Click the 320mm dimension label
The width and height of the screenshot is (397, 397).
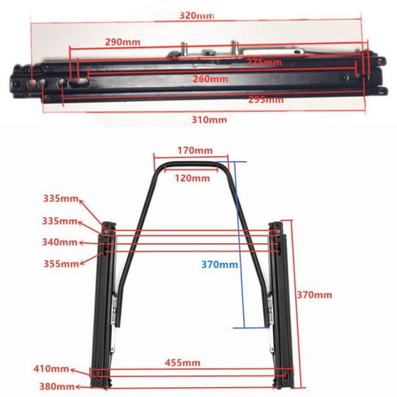point(197,16)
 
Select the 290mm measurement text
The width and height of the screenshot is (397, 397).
point(122,42)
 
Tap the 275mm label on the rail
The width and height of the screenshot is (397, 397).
point(264,62)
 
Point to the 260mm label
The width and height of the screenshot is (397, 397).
point(210,79)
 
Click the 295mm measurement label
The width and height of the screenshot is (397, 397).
point(266,99)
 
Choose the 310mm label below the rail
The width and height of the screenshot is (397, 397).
point(209,120)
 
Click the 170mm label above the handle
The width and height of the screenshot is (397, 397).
point(195,151)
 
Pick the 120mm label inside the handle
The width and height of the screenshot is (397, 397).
point(192,179)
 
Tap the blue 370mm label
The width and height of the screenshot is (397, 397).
point(219,265)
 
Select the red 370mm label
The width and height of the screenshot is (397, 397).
point(314,295)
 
